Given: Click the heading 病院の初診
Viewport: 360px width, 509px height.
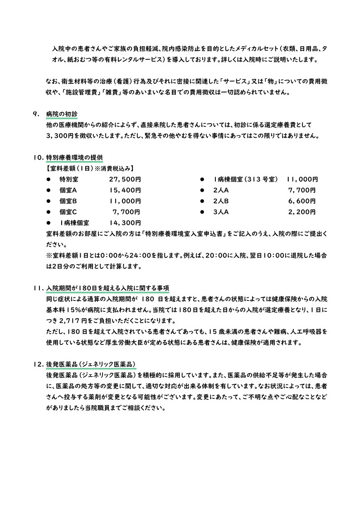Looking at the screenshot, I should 62,114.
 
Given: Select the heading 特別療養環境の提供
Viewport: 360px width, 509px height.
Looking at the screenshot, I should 74,158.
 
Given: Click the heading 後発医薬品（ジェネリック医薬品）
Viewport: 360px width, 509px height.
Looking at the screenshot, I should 91,365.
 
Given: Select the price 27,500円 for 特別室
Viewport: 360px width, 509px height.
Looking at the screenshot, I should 125,179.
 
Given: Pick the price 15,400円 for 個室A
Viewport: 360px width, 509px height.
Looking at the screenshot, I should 125,190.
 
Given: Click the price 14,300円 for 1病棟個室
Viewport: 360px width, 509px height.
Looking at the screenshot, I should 125,223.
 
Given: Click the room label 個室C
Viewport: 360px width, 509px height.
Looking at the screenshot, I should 68,212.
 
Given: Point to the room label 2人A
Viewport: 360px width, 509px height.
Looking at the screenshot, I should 221,190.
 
